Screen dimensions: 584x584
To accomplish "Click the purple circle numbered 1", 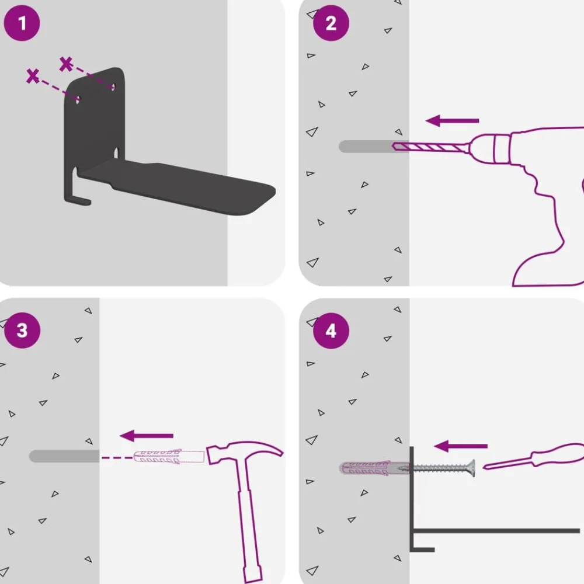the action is coord(22,23).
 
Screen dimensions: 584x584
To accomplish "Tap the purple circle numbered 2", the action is coord(331,23).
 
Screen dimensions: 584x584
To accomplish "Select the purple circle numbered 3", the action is coord(22,331).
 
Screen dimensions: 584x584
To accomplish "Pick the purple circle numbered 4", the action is coord(331,331).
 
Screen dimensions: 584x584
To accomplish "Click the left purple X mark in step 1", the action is coord(33,75).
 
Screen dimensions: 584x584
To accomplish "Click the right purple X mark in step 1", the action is coord(66,64).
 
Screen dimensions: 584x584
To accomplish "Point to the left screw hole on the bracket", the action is coord(78,99).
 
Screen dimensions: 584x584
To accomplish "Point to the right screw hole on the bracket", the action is coord(113,87).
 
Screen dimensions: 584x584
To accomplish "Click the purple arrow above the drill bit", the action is coord(452,121).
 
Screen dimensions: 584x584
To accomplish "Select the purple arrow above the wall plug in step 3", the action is coord(147,436).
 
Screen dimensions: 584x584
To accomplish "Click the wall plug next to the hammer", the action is coord(169,457).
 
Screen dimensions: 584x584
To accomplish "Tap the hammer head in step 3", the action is coord(244,451).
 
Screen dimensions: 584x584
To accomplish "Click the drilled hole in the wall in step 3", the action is coord(64,456).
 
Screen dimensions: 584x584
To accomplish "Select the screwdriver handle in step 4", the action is coord(559,454).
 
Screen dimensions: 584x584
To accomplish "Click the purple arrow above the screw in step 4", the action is coord(461,446).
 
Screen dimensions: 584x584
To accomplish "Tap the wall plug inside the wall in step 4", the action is coord(374,468).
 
